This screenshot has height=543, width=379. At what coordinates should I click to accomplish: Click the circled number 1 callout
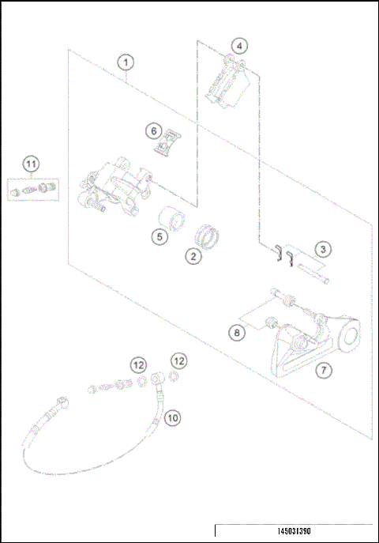point(126,61)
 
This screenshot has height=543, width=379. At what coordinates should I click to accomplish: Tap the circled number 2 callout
point(190,255)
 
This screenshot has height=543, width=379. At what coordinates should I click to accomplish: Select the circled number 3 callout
point(322,249)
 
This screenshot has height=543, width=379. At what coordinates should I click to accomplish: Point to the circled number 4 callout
point(239,45)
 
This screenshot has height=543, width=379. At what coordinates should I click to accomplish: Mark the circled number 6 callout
point(154,130)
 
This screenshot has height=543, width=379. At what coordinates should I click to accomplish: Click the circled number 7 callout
point(322,369)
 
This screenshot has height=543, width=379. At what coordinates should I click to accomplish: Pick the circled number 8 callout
point(236,334)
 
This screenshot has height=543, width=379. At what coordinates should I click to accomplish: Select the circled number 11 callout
point(31,164)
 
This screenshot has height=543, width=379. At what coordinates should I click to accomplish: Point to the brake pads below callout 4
point(228,85)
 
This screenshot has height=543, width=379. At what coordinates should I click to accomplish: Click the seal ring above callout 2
point(209,236)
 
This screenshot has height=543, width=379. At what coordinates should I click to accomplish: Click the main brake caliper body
point(118,187)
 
